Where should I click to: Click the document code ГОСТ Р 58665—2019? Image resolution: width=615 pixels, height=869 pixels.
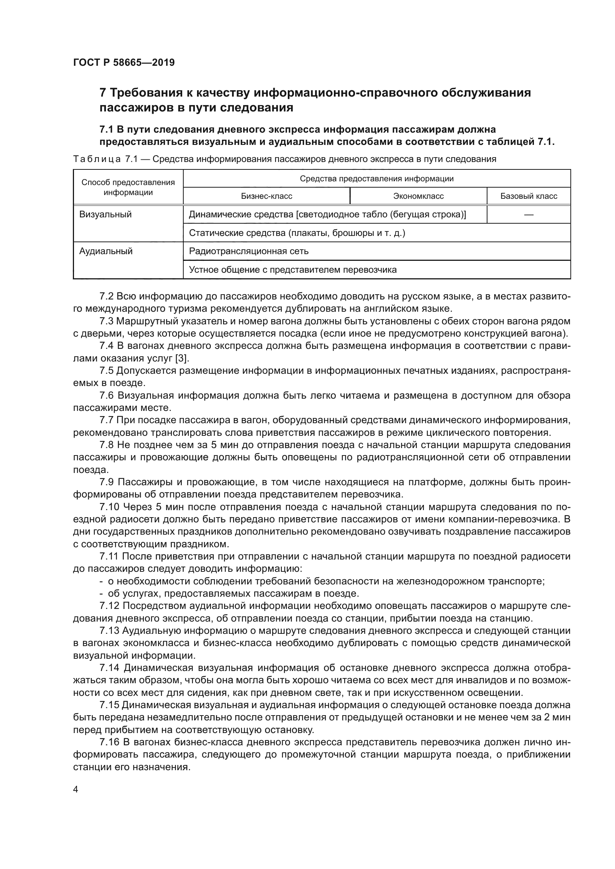pyautogui.click(x=124, y=62)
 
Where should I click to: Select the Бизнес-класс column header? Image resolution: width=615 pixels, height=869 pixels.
pyautogui.click(x=267, y=196)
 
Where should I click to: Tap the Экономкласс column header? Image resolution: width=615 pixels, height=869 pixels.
pyautogui.click(x=418, y=196)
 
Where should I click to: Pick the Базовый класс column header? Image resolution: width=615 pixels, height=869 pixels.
pyautogui.click(x=529, y=196)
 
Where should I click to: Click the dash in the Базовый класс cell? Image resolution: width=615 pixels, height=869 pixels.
pyautogui.click(x=529, y=215)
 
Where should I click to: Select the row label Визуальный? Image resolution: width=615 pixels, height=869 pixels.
pyautogui.click(x=105, y=215)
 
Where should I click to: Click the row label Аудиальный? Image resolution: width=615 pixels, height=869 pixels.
pyautogui.click(x=106, y=251)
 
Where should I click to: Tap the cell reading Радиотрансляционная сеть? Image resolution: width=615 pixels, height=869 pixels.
pyautogui.click(x=248, y=251)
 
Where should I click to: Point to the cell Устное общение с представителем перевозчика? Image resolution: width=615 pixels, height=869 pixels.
pyautogui.click(x=292, y=270)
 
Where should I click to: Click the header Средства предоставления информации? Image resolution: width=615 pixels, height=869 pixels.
pyautogui.click(x=376, y=179)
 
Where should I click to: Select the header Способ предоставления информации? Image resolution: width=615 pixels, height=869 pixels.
pyautogui.click(x=128, y=187)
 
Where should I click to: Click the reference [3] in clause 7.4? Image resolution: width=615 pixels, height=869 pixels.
pyautogui.click(x=182, y=358)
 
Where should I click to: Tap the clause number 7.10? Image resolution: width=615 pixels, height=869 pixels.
pyautogui.click(x=109, y=507)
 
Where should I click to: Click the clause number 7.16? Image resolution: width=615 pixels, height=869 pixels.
pyautogui.click(x=109, y=743)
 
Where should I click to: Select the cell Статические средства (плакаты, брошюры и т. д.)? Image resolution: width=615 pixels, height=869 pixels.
pyautogui.click(x=296, y=233)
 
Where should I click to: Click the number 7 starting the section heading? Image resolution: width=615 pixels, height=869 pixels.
pyautogui.click(x=103, y=93)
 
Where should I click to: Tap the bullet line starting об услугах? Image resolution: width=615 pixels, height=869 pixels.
pyautogui.click(x=233, y=593)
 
